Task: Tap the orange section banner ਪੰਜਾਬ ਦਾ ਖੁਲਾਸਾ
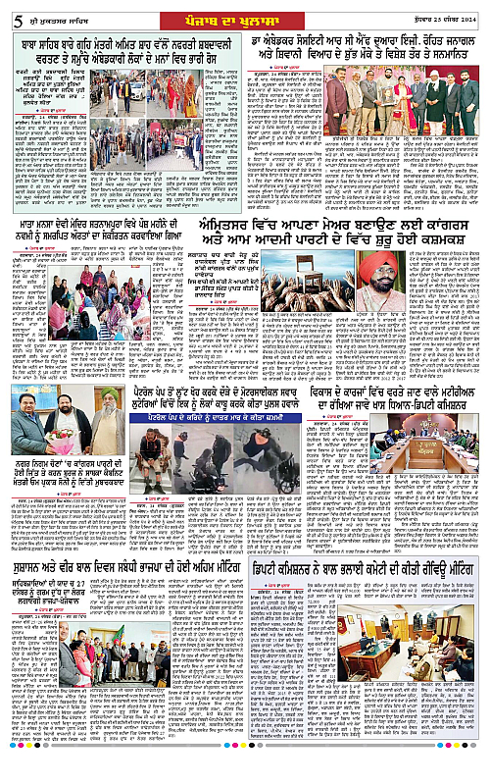(243, 14)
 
